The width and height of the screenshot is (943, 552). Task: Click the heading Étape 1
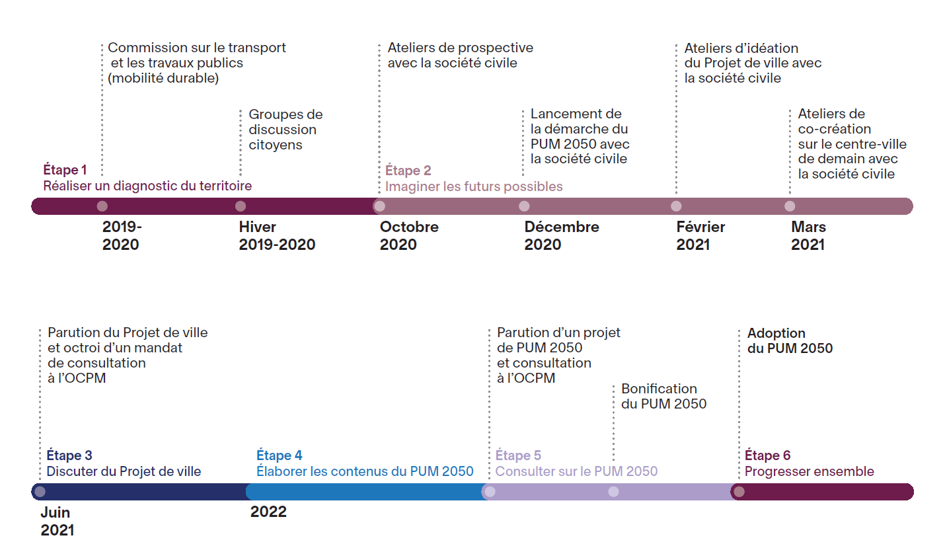pyautogui.click(x=65, y=170)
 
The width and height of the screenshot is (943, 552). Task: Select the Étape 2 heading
pyautogui.click(x=408, y=171)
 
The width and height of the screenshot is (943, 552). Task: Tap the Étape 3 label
pyautogui.click(x=69, y=455)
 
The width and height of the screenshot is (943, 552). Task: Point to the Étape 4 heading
pyautogui.click(x=279, y=455)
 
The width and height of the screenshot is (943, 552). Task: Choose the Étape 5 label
pyautogui.click(x=518, y=455)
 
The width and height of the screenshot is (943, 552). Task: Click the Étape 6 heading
pyautogui.click(x=767, y=455)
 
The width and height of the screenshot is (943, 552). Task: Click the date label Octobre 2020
pyautogui.click(x=408, y=236)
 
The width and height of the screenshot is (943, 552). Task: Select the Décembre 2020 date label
pyautogui.click(x=561, y=236)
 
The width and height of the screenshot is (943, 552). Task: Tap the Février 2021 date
pyautogui.click(x=700, y=236)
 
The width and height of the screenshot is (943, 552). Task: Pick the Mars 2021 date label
pyautogui.click(x=808, y=236)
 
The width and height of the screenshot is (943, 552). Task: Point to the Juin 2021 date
pyautogui.click(x=57, y=521)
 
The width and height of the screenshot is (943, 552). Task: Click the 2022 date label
pyautogui.click(x=268, y=512)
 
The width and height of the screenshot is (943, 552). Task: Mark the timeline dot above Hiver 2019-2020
pyautogui.click(x=241, y=206)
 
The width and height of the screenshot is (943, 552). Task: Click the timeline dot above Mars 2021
pyautogui.click(x=790, y=206)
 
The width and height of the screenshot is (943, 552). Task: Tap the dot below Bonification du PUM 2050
pyautogui.click(x=613, y=492)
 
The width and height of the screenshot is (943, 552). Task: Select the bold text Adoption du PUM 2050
pyautogui.click(x=790, y=340)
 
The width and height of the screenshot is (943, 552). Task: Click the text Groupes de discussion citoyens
pyautogui.click(x=285, y=130)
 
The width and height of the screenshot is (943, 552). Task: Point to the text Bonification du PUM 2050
pyautogui.click(x=663, y=396)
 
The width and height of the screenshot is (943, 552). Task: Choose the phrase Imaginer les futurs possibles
pyautogui.click(x=474, y=186)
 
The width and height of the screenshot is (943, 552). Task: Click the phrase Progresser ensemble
pyautogui.click(x=809, y=471)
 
